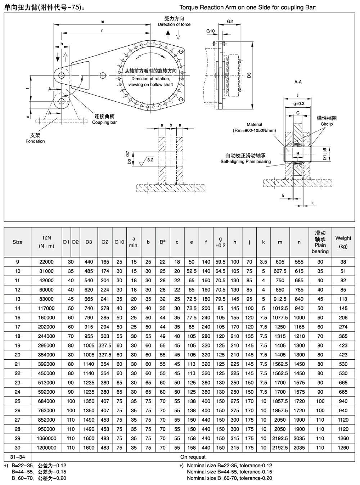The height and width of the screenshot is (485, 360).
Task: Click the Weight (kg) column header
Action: pos(343,242)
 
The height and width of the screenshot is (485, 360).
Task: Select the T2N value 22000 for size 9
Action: pos(46,262)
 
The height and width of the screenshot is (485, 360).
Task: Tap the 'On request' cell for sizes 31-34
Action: pos(193,457)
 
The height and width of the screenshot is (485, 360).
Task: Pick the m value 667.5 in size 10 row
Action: pos(280,271)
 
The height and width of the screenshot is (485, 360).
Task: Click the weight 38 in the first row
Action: pos(343,262)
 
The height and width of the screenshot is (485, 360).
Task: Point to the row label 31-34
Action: pos(18,457)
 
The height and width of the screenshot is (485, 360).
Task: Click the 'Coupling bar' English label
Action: pos(104,122)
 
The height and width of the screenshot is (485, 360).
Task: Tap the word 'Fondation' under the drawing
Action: pos(35,141)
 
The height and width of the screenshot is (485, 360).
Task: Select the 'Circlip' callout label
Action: pos(327,124)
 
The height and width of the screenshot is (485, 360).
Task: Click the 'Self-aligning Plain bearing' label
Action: pos(246,162)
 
